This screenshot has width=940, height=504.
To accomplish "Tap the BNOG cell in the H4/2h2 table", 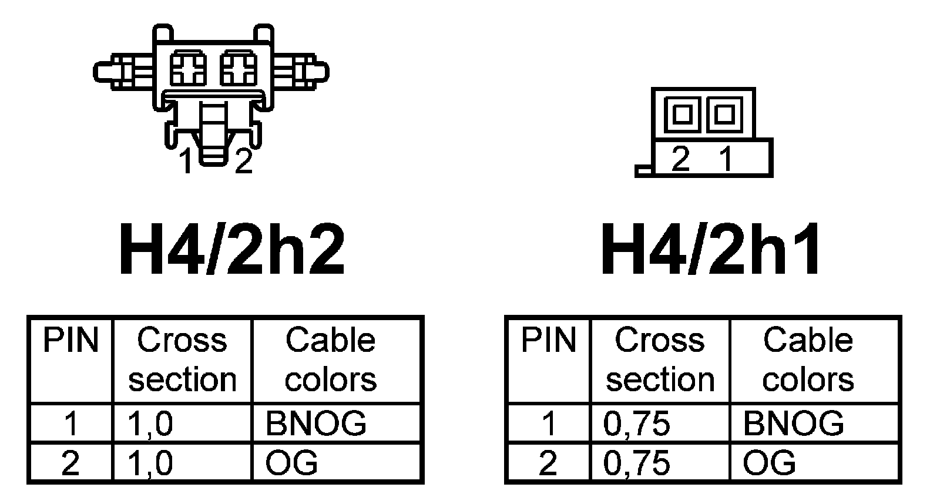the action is pos(315,423).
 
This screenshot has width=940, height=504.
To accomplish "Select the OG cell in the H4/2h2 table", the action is pos(291,462).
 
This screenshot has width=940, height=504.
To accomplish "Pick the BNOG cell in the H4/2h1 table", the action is pos(793,423).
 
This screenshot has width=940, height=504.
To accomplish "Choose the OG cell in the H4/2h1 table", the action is pos(769,462).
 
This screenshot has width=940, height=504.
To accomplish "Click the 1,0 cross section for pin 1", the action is pos(150,423).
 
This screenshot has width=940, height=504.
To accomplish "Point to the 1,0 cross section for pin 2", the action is pos(150,462).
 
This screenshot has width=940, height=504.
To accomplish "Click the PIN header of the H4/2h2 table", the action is pos(70,341).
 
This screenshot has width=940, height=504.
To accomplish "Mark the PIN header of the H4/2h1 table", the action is pos(549,341).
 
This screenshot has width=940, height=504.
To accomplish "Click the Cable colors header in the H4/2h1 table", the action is pos(808,359).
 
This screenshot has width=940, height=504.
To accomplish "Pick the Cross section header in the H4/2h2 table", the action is pos(182,359).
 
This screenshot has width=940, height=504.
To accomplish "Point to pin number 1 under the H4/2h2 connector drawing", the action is pos(186,162).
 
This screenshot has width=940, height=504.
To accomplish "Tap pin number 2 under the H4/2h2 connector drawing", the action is pos(243,162).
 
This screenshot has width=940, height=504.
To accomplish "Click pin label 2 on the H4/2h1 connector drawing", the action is pos(680,158).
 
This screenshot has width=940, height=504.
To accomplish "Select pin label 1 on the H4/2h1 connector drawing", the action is pos(726,158).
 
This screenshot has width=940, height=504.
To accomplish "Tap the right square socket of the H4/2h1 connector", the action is pos(723,113).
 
